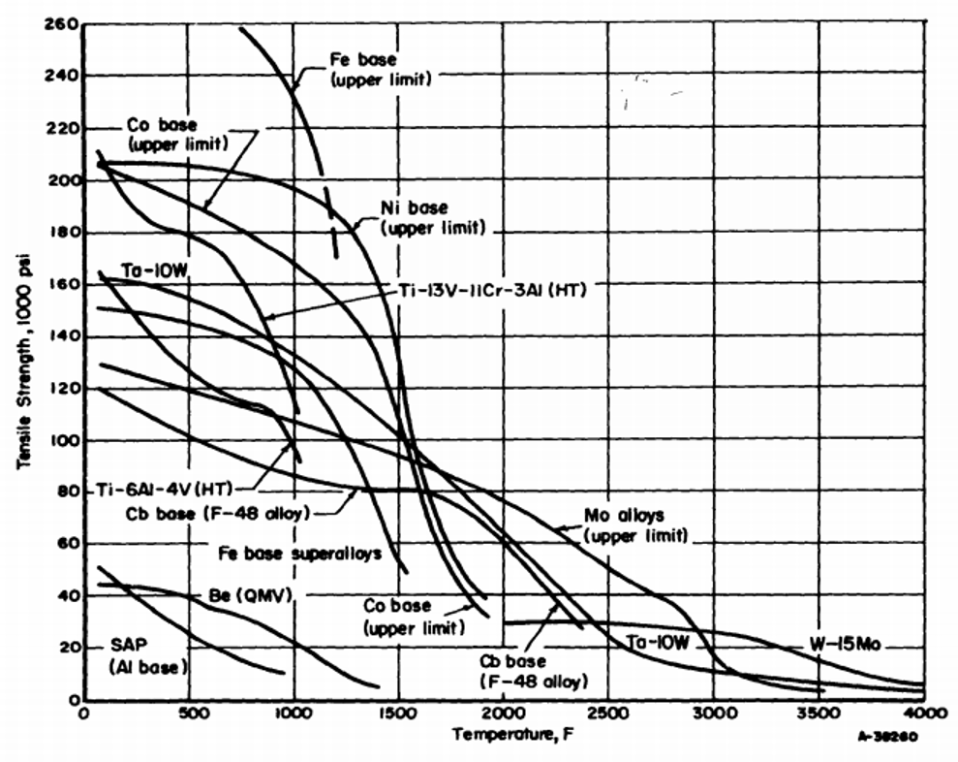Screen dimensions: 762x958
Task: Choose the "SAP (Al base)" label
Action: coord(146,656)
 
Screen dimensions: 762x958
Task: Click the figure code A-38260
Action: coord(885,736)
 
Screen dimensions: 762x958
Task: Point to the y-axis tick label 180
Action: coord(60,233)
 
